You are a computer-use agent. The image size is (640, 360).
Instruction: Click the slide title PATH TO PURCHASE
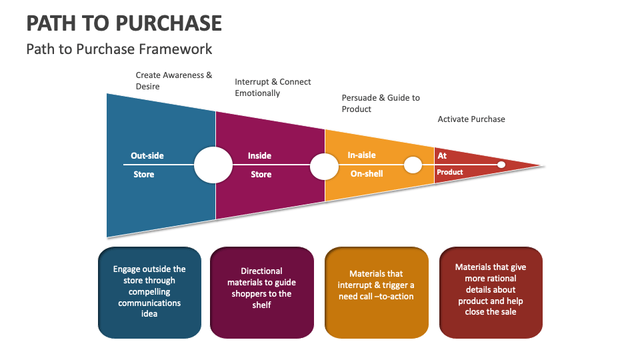[124, 23]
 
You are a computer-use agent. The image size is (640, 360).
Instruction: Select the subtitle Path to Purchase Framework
[119, 49]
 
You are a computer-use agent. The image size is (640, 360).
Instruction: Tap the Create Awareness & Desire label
[173, 81]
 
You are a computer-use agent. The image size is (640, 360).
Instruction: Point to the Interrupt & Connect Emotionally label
[273, 87]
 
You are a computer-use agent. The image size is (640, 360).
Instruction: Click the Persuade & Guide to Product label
[381, 103]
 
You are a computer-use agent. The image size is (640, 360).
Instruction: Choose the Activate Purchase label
[471, 119]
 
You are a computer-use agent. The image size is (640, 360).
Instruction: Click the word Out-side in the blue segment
[147, 156]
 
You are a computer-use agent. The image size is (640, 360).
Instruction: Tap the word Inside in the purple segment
[259, 156]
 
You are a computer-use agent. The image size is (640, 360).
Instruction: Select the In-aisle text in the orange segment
[361, 155]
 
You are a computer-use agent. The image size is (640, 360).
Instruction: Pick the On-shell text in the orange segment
[367, 173]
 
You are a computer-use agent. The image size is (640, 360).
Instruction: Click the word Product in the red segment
[449, 172]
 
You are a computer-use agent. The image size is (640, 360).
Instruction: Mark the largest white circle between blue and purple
[213, 165]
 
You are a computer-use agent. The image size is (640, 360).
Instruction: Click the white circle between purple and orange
[324, 166]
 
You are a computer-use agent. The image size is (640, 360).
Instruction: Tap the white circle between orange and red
[413, 165]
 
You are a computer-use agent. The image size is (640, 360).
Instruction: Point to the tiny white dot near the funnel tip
[501, 164]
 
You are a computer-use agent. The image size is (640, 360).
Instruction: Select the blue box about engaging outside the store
[149, 292]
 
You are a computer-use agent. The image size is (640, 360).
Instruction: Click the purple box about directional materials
[261, 292]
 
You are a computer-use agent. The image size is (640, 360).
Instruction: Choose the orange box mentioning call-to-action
[376, 292]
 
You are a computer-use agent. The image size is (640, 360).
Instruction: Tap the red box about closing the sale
[491, 292]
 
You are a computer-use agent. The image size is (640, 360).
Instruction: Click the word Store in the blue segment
[143, 175]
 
